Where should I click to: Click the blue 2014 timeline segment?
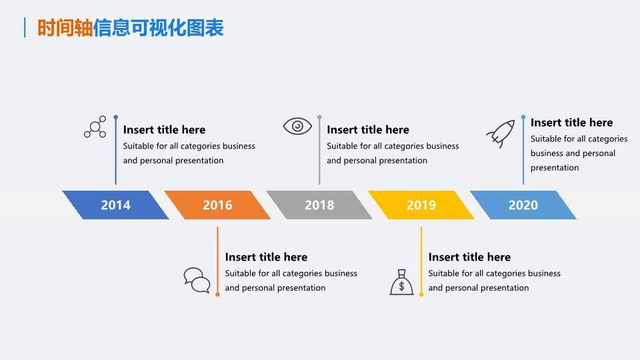point(115,205)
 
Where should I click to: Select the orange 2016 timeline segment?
point(217,205)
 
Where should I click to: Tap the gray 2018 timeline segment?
point(319,205)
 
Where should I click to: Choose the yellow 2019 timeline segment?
point(421,205)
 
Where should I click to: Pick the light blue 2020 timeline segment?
point(523,205)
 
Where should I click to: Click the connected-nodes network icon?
point(95,127)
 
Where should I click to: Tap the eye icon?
point(297,126)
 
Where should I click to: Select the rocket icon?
point(501,133)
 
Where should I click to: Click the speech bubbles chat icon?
point(197,280)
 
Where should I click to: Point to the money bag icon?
point(401,282)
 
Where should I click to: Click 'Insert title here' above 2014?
point(164,130)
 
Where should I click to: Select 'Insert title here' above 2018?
point(368,130)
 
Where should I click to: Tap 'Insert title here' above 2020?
point(571,123)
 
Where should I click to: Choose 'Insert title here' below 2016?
point(266,257)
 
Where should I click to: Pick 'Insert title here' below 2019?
point(469,257)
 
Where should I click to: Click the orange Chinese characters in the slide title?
point(65,28)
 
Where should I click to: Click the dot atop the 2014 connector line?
point(115,117)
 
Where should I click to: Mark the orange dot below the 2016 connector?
point(217,293)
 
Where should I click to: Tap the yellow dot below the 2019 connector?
point(421,293)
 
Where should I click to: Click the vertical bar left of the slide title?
point(25,28)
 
